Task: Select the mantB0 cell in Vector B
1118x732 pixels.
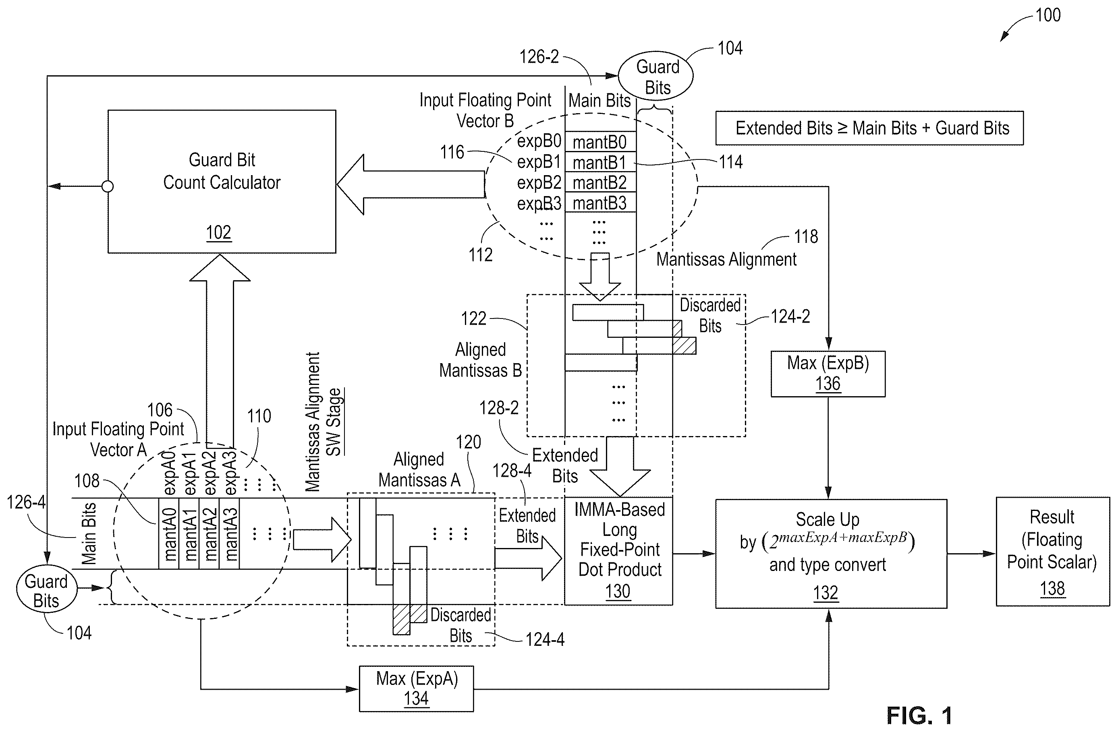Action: pyautogui.click(x=600, y=142)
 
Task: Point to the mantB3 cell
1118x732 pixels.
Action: pyautogui.click(x=600, y=203)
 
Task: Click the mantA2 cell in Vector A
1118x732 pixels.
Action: pyautogui.click(x=209, y=534)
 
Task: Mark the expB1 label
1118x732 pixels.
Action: pyautogui.click(x=539, y=162)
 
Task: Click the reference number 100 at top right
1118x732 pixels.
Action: pyautogui.click(x=1048, y=15)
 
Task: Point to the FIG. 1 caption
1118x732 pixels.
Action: pyautogui.click(x=919, y=715)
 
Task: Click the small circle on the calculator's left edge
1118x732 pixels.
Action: pyautogui.click(x=108, y=186)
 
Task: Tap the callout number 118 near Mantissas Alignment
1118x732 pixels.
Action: pyautogui.click(x=806, y=237)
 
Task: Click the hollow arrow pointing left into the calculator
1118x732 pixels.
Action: pyautogui.click(x=411, y=184)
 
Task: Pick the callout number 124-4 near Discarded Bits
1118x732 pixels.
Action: pyautogui.click(x=545, y=639)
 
